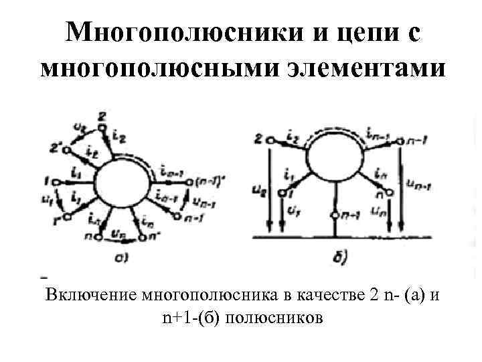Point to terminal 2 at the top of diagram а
[101, 126]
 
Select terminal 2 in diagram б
[270, 140]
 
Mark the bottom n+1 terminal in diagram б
[335, 215]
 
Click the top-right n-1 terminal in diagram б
[400, 140]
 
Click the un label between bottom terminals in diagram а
[122, 231]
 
